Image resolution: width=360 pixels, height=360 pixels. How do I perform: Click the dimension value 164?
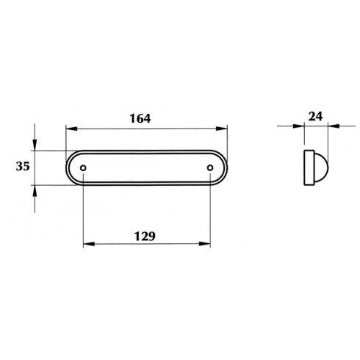tap(140, 118)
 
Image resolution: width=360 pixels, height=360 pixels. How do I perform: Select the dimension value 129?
tap(145, 237)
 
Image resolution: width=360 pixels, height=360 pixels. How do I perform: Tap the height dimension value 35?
tap(23, 166)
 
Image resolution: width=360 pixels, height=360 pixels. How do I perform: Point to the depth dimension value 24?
tap(315, 117)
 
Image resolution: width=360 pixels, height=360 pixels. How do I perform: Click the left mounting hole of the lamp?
tap(83, 168)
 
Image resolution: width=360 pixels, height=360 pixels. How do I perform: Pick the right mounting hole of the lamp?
tap(210, 168)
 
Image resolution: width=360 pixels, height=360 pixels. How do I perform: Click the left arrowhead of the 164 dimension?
tap(72, 129)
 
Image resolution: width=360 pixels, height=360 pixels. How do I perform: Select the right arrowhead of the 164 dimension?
tap(222, 129)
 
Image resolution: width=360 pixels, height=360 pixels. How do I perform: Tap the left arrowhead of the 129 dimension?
tap(89, 244)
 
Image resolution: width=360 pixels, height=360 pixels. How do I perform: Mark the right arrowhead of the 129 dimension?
tap(204, 244)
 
